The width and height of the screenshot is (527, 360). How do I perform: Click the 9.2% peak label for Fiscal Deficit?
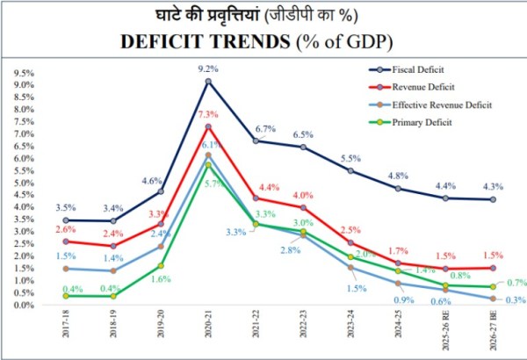point(208,67)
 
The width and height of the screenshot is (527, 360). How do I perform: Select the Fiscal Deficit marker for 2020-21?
point(208,82)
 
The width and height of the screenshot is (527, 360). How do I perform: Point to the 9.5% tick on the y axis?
point(24,74)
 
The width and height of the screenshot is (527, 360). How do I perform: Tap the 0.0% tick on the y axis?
point(24,306)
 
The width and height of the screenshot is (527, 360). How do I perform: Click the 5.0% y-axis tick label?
point(24,184)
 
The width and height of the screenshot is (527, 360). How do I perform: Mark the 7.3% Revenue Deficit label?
point(208,114)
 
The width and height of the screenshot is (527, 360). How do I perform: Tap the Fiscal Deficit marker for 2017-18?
point(65,220)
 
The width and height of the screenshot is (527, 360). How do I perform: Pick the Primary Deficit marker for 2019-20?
point(161,265)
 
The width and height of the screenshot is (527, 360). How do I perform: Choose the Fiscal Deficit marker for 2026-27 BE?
point(494,199)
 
